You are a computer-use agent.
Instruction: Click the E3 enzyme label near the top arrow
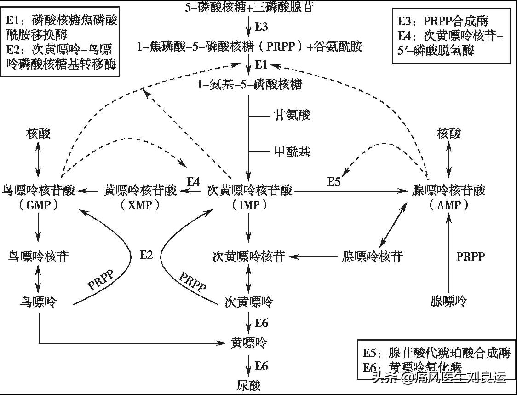[x=261, y=27]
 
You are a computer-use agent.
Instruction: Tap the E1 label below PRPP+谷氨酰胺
[x=261, y=65]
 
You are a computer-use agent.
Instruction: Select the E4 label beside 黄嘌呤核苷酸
[x=193, y=181]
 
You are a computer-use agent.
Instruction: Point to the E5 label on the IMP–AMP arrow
[x=334, y=181]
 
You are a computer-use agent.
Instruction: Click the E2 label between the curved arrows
[x=146, y=255]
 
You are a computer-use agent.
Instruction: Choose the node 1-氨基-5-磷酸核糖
[x=249, y=85]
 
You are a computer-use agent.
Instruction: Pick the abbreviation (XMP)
[x=140, y=205]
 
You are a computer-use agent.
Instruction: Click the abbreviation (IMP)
[x=249, y=205]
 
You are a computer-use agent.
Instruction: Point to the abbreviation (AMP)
[x=448, y=205]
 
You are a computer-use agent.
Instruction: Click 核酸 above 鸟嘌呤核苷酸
[x=38, y=134]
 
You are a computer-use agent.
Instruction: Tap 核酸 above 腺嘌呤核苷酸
[x=448, y=134]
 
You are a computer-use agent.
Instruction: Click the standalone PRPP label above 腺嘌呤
[x=470, y=256]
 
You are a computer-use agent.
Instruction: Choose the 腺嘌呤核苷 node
[x=373, y=256]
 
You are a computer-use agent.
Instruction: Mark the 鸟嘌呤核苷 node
[x=38, y=256]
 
